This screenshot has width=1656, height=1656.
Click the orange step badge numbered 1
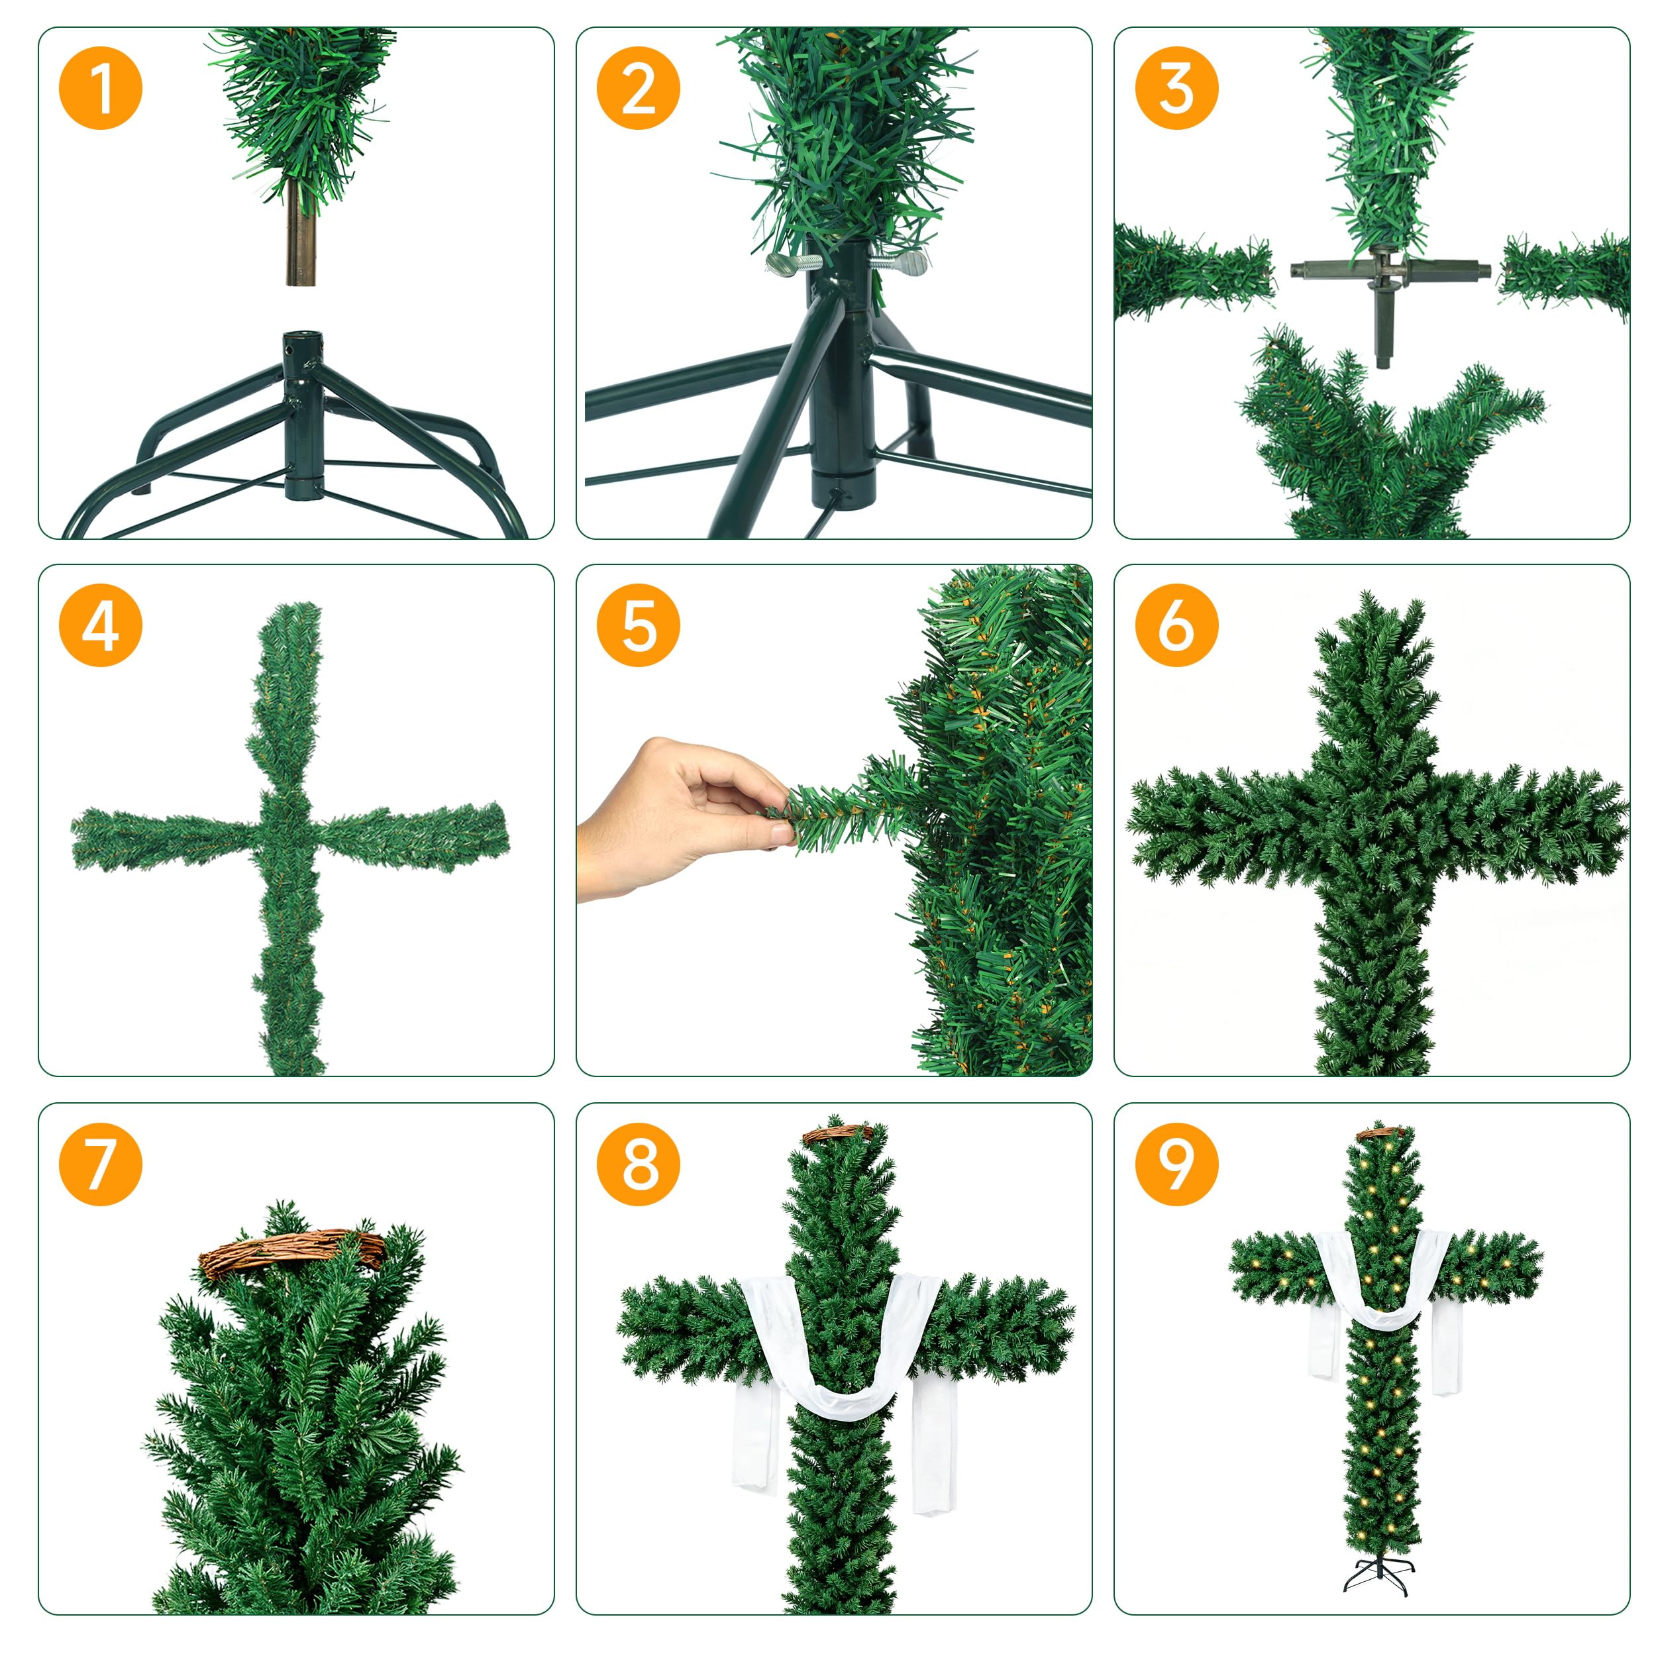(100, 88)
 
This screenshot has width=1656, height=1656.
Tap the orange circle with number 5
(638, 625)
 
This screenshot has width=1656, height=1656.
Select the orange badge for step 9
(1176, 1164)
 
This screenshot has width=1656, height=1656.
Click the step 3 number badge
(1176, 88)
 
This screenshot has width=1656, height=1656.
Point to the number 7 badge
(100, 1164)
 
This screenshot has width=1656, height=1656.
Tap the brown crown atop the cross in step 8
(837, 1136)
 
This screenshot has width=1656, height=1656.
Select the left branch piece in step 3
(1193, 270)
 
